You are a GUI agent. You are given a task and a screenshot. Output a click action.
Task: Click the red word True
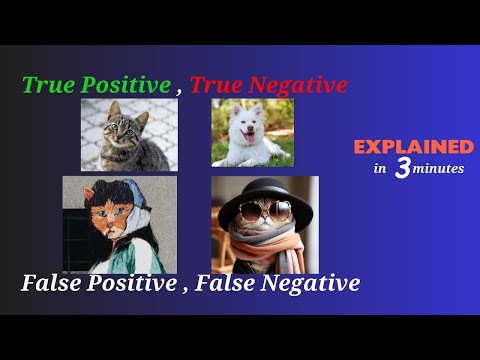(x=214, y=86)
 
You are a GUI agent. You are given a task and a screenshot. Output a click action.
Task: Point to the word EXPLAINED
(x=413, y=147)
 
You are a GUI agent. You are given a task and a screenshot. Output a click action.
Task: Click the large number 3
(x=402, y=169)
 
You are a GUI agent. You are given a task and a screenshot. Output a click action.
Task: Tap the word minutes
(x=438, y=169)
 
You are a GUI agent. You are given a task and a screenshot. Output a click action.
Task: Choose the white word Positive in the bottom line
(x=127, y=283)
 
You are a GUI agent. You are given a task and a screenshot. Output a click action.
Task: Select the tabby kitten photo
(x=125, y=135)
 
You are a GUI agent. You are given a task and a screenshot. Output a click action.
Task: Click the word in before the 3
(x=380, y=169)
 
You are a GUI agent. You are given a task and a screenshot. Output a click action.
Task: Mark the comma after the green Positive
(x=181, y=92)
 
